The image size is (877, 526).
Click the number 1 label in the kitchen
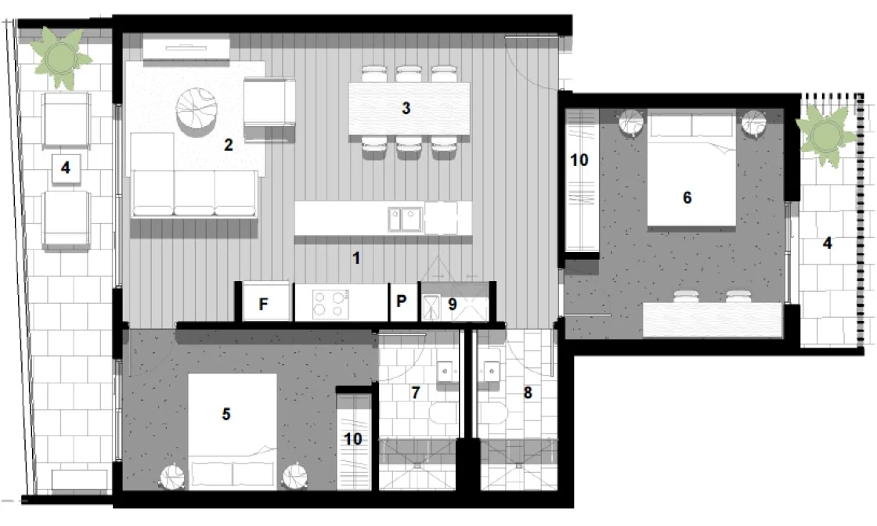[356, 258]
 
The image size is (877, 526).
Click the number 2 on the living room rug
[228, 144]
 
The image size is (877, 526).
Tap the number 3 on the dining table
[406, 108]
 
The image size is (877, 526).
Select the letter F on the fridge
[264, 304]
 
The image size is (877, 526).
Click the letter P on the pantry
[402, 302]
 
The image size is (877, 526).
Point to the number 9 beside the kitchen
[452, 303]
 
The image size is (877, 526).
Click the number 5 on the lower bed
[226, 413]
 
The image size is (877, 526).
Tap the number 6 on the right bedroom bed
[688, 197]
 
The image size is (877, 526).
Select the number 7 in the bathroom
[417, 391]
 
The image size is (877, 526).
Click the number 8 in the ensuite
[528, 393]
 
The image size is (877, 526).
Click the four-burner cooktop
[330, 303]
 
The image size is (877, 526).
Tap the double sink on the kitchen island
[405, 218]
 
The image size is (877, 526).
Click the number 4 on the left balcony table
[65, 167]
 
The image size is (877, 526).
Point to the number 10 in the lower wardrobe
[353, 439]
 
